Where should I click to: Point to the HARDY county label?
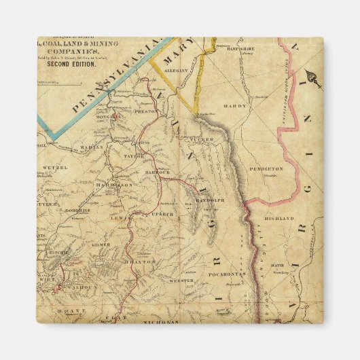[x=234, y=105]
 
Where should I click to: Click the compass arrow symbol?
[x=313, y=77]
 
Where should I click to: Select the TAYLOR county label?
[x=134, y=156]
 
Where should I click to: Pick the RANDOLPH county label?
[x=211, y=200]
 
